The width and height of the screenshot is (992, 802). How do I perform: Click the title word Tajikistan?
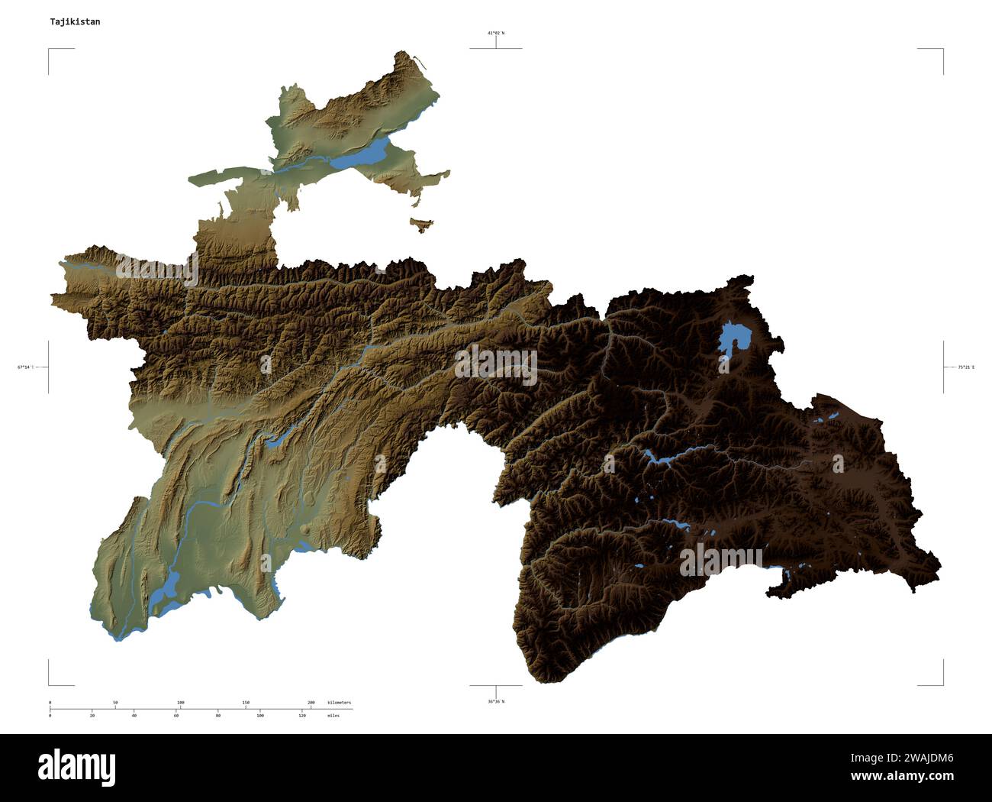(x=75, y=22)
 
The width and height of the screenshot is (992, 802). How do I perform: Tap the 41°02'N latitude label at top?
(x=496, y=34)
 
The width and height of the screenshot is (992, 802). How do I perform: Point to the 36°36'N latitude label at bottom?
(x=496, y=700)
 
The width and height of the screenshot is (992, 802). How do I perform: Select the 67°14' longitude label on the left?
(x=25, y=367)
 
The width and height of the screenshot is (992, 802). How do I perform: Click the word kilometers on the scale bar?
(x=339, y=702)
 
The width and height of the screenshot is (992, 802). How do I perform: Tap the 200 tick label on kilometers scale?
(x=311, y=702)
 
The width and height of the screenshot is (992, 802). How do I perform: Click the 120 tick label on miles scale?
(x=302, y=716)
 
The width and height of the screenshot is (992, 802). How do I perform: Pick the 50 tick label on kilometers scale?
(x=115, y=702)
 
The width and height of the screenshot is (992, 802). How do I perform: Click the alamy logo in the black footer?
(x=77, y=765)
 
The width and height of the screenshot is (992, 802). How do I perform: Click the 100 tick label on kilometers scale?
(x=180, y=702)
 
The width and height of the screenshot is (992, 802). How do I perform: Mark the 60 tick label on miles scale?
(x=176, y=716)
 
